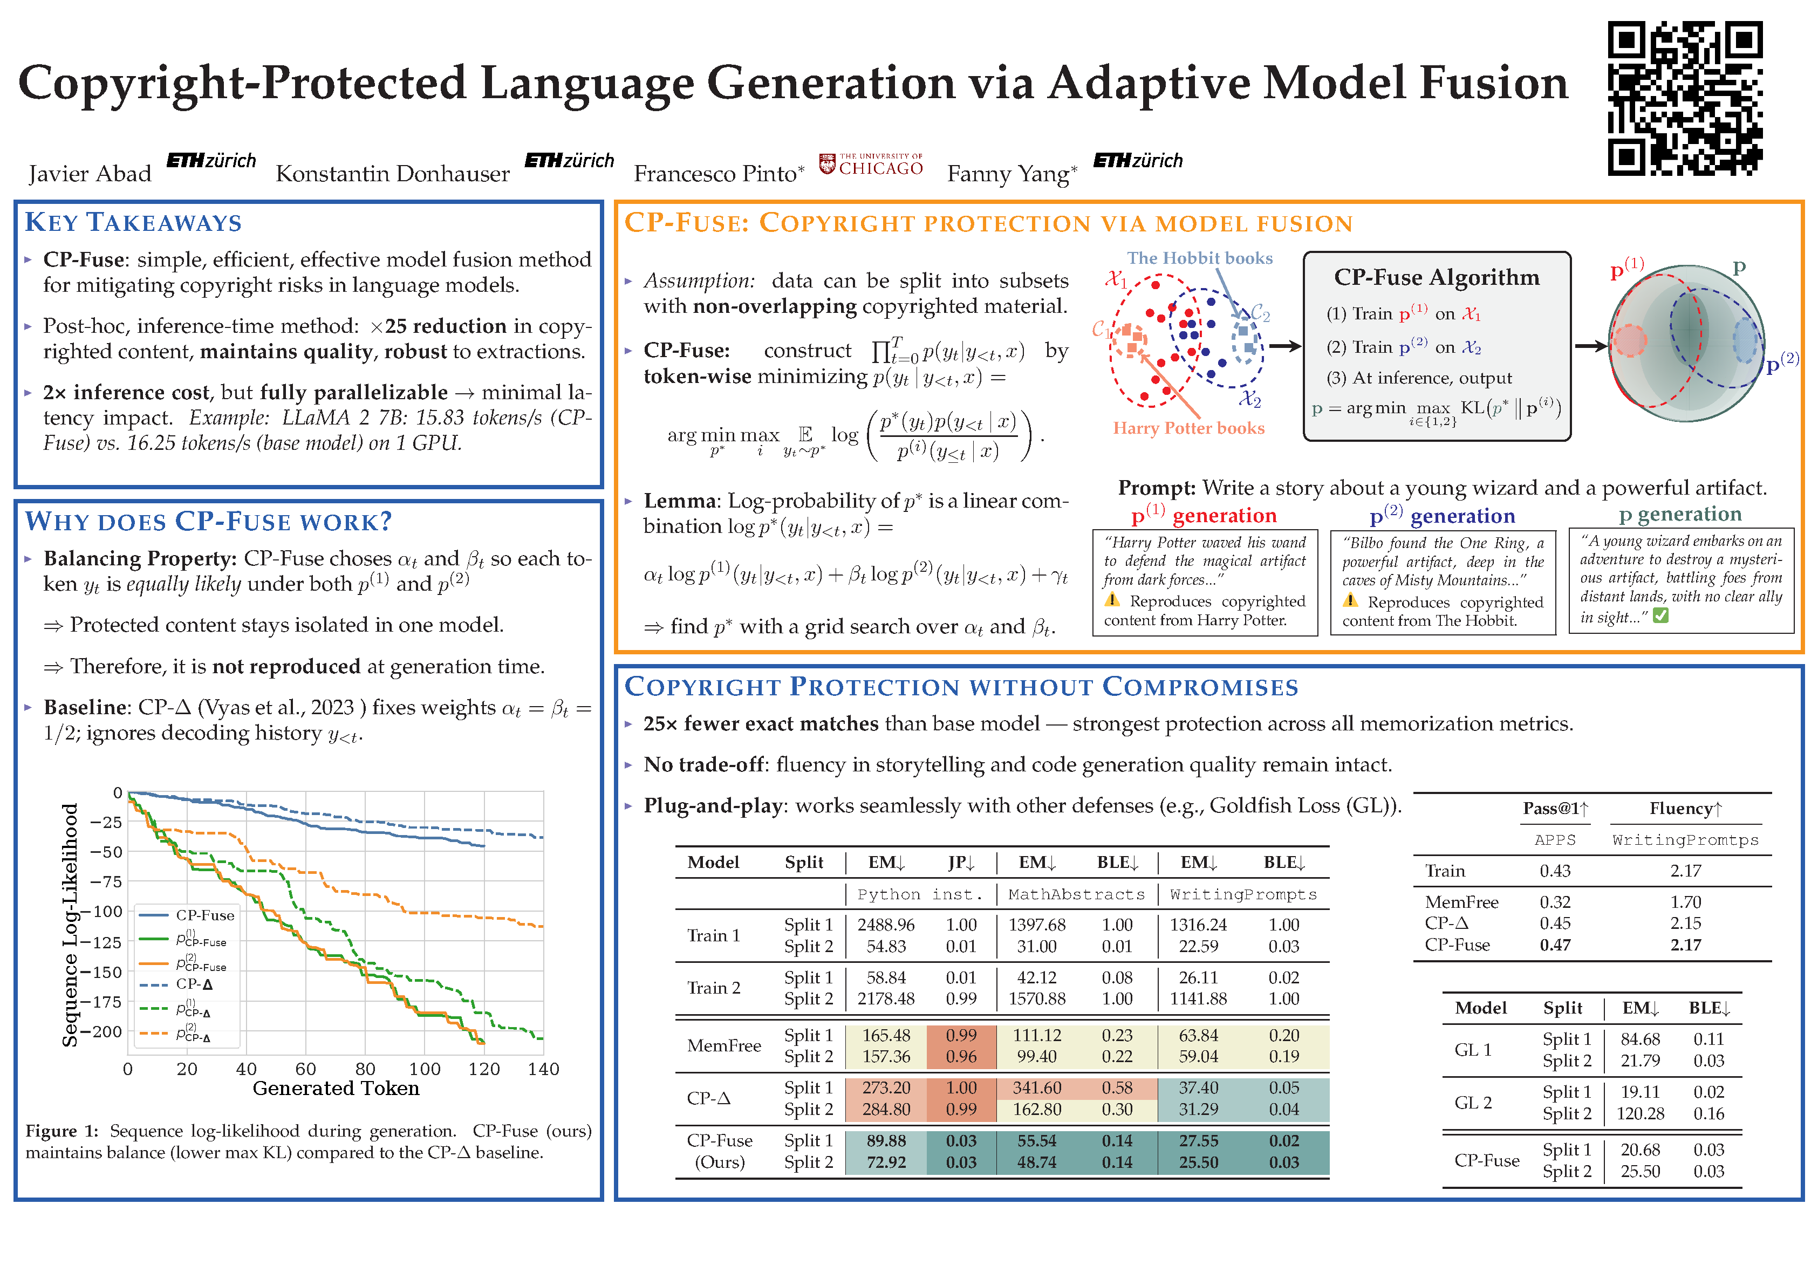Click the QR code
click(1685, 98)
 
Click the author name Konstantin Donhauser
click(392, 173)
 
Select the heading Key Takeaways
click(133, 223)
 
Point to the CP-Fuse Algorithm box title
click(1437, 277)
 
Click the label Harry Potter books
click(1188, 428)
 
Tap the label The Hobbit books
click(1200, 258)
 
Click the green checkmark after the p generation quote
click(1660, 615)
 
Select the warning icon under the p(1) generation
click(1112, 600)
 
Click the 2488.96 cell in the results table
click(885, 925)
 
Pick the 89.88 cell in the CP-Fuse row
click(885, 1140)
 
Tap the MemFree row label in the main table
click(724, 1045)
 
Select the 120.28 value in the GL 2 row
click(1640, 1113)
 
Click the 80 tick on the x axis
click(365, 1069)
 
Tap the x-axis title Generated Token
click(336, 1089)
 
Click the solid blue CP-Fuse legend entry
click(204, 915)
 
